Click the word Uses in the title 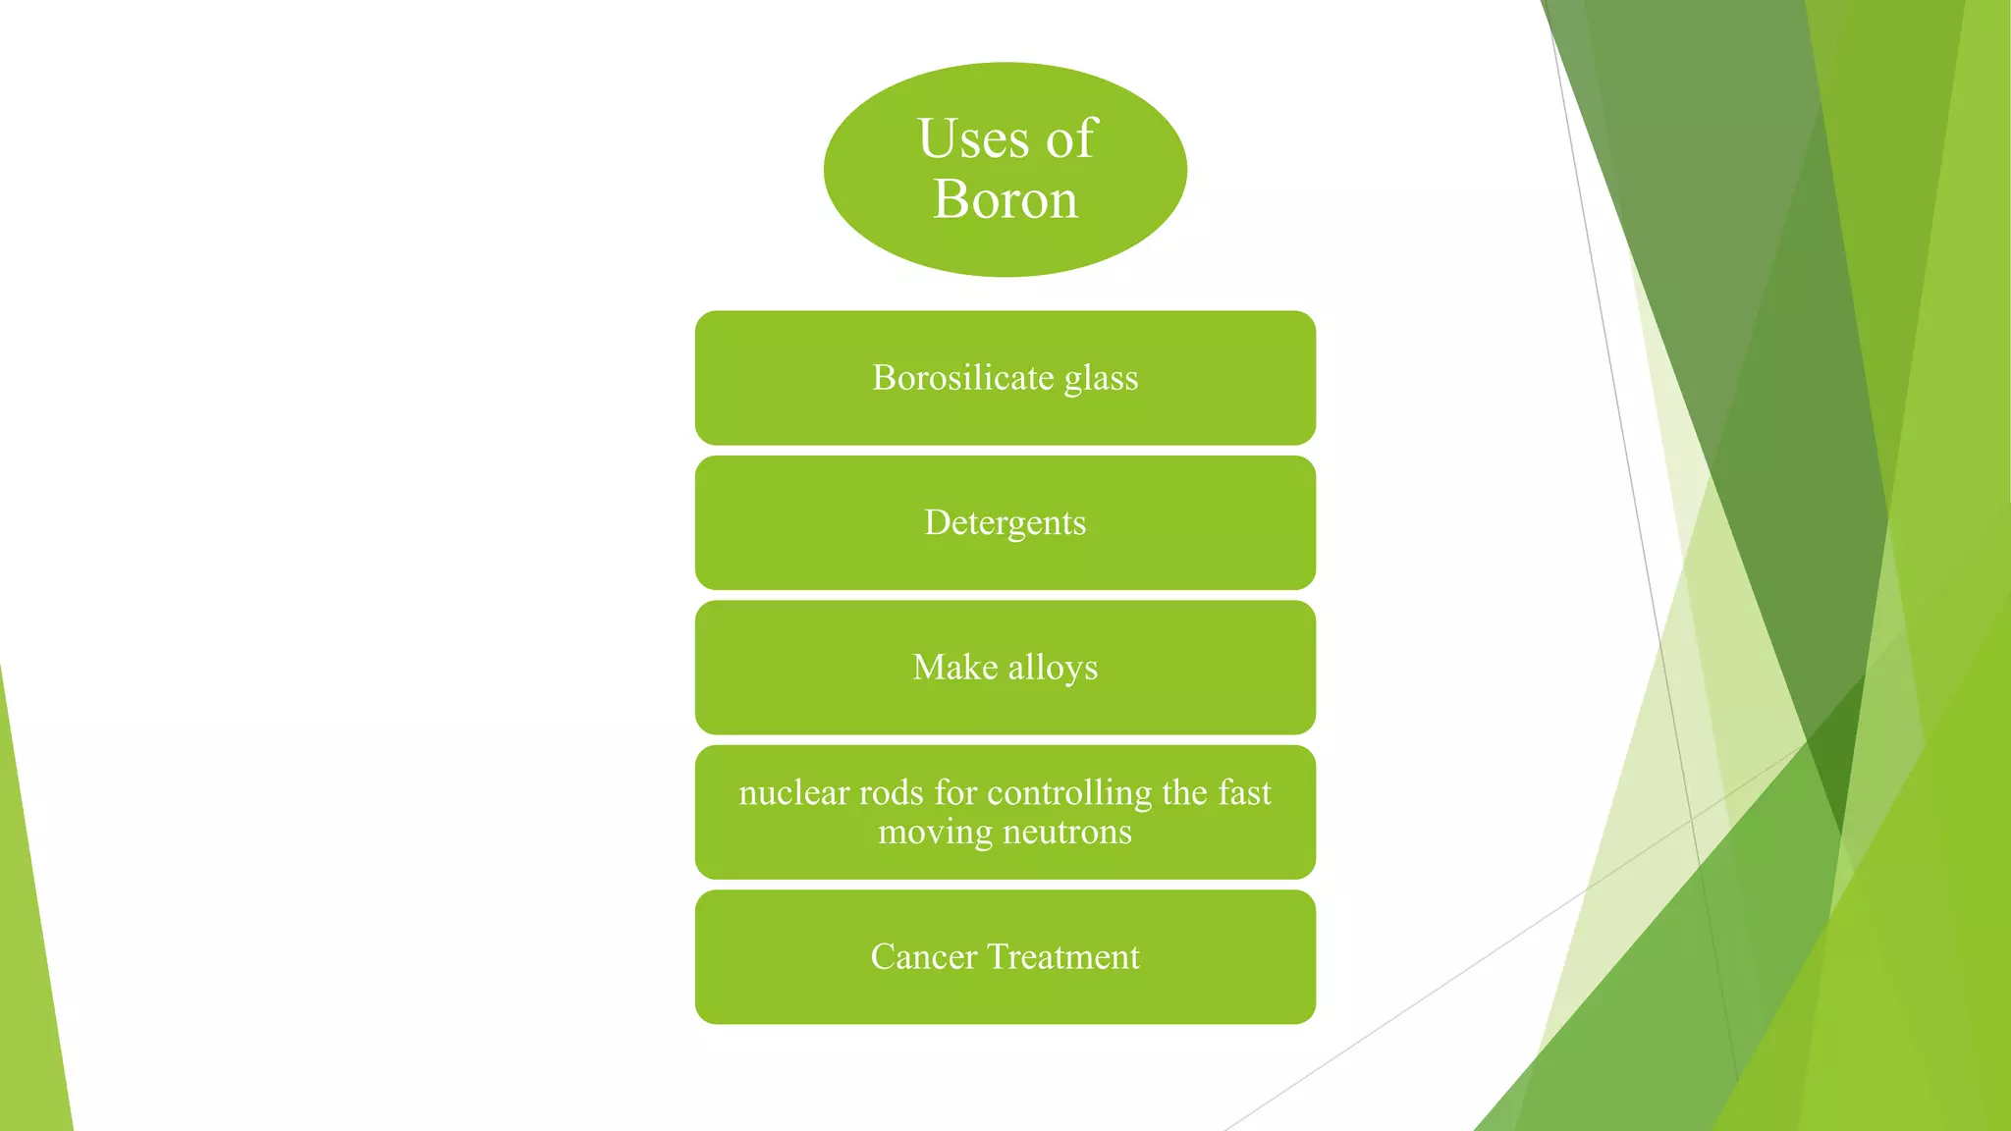click(x=973, y=138)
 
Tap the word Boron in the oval click(x=1005, y=199)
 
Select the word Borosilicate click(x=963, y=378)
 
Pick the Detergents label click(x=1005, y=523)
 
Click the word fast click(x=1244, y=792)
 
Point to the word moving click(x=936, y=833)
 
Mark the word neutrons click(x=1067, y=833)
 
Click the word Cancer click(x=923, y=957)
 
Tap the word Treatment click(x=1063, y=957)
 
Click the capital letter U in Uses click(x=938, y=138)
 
